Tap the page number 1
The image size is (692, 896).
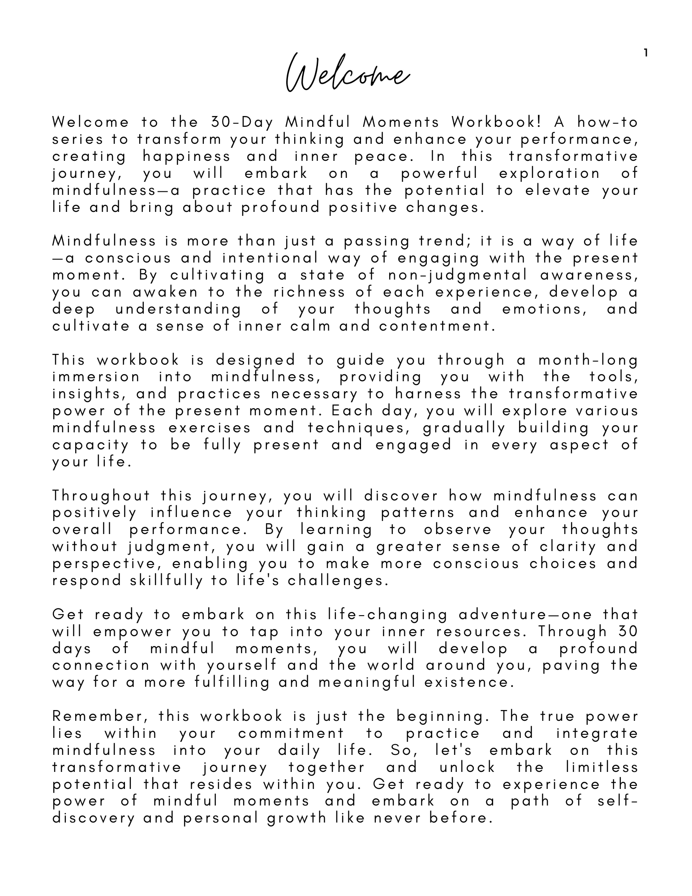[x=645, y=53]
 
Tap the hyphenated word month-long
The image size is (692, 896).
[x=588, y=360]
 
